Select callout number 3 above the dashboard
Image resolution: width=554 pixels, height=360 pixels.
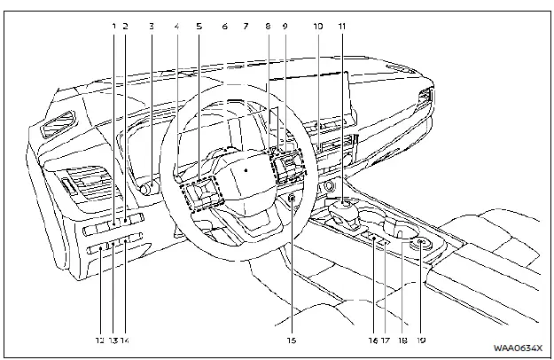pyautogui.click(x=152, y=26)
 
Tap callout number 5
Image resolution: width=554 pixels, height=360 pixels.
pyautogui.click(x=199, y=26)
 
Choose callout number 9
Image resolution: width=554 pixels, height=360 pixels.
pyautogui.click(x=285, y=26)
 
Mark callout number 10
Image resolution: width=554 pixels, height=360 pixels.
pyautogui.click(x=316, y=26)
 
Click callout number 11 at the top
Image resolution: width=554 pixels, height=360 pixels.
pyautogui.click(x=341, y=26)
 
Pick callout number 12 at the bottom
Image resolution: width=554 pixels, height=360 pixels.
pyautogui.click(x=100, y=340)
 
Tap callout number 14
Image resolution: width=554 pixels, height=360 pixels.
pyautogui.click(x=125, y=340)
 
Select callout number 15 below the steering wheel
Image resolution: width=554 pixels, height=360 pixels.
pyautogui.click(x=291, y=340)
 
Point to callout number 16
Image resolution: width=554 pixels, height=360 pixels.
pyautogui.click(x=373, y=340)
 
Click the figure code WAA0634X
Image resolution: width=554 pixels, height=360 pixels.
pyautogui.click(x=517, y=348)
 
